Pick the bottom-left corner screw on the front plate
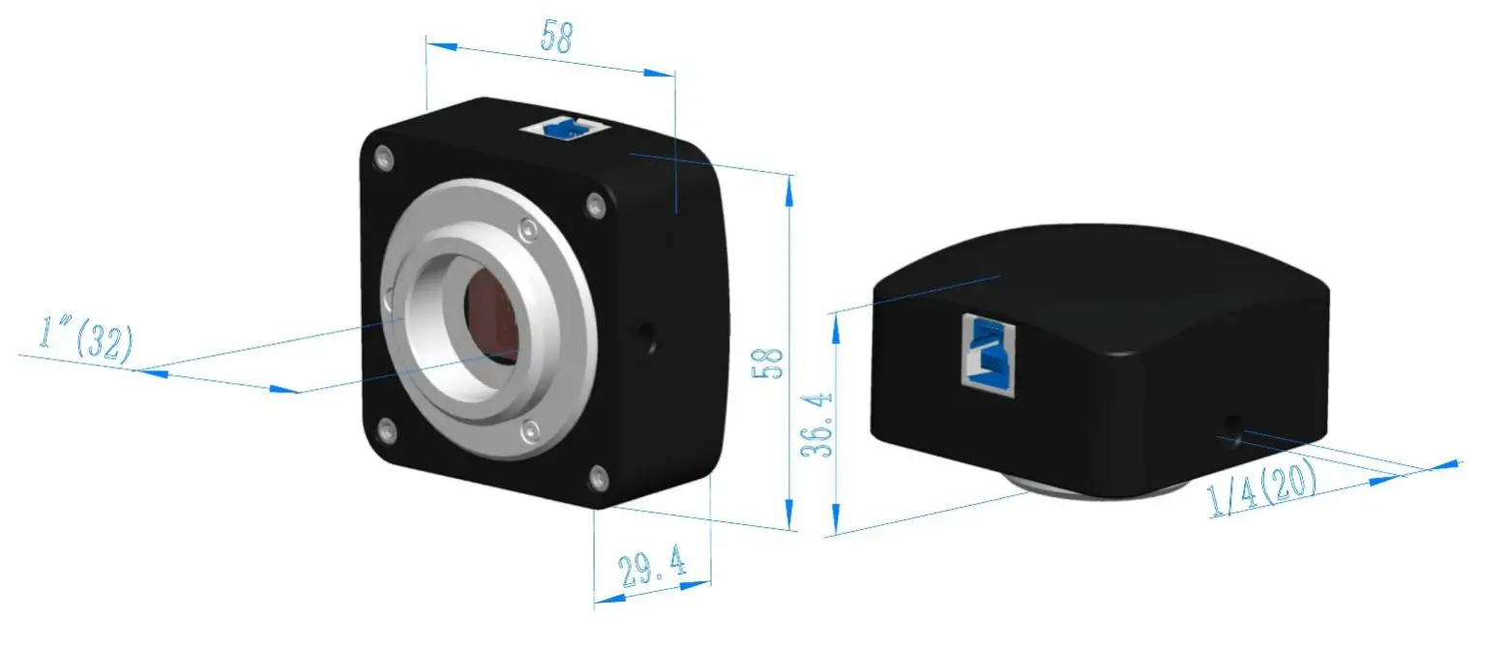coord(387,430)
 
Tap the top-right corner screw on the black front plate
coord(595,203)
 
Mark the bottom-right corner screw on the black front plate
coord(600,476)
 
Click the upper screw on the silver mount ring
coord(527,229)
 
